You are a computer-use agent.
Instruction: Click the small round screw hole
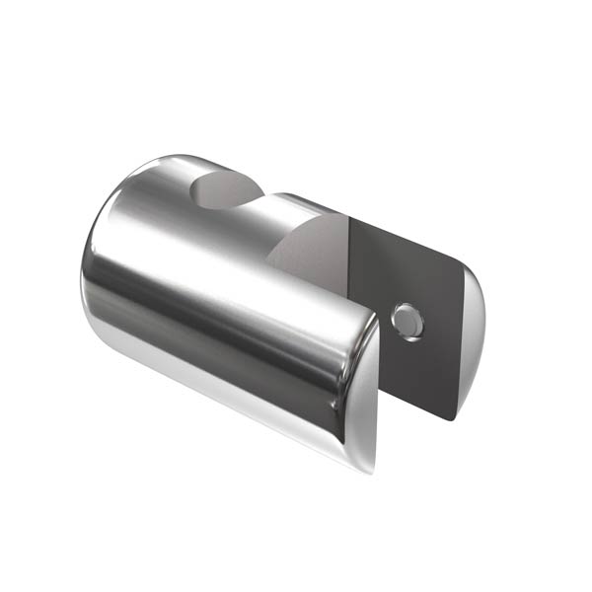[x=406, y=321]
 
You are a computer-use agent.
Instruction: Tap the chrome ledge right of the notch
[x=291, y=202]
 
